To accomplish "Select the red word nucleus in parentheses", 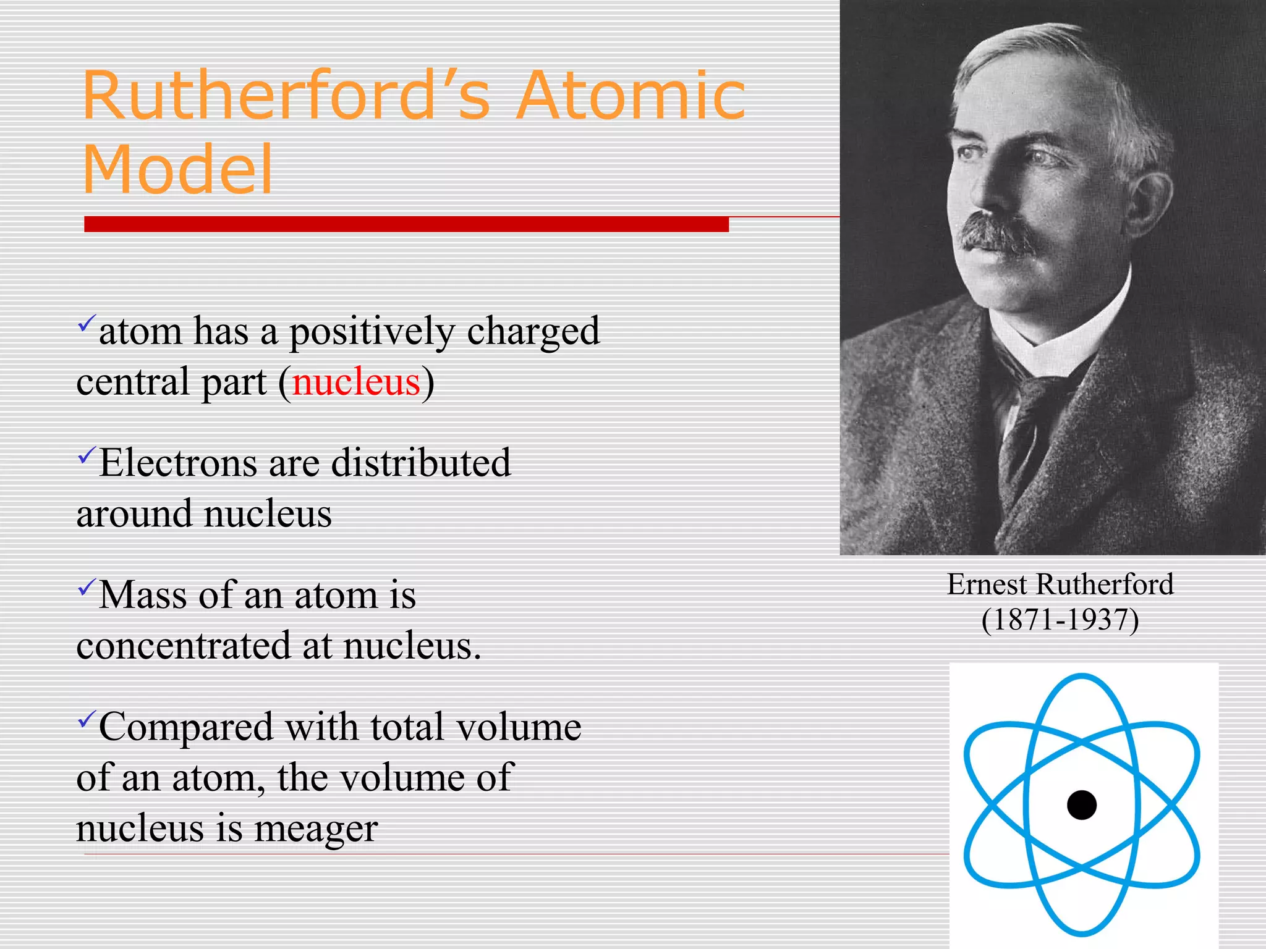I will point(356,382).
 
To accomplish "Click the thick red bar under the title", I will point(406,224).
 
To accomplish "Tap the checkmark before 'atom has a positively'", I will point(87,323).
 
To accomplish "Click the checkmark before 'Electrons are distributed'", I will point(87,456).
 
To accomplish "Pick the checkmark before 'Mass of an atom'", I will point(87,587).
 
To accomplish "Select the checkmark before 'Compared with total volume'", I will point(87,719).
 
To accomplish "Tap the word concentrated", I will point(184,646).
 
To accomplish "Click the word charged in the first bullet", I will point(533,332).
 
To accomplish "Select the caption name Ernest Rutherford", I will point(1060,584).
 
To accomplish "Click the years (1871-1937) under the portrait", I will point(1060,620).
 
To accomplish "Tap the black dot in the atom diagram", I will point(1082,804).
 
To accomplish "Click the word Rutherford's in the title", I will point(286,96).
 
